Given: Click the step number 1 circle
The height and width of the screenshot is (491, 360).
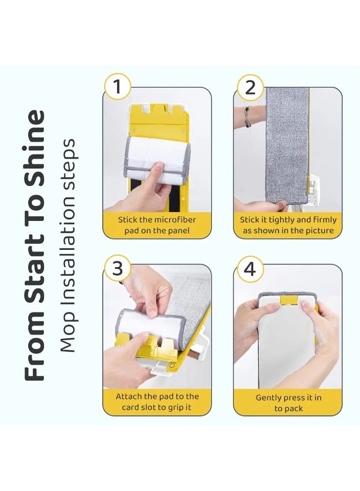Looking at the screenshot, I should [x=118, y=87].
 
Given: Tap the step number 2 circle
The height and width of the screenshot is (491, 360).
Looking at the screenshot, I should [x=250, y=87].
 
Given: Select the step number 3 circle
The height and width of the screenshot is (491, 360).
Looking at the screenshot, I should [x=118, y=270].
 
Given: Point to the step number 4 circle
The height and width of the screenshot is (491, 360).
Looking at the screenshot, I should [x=250, y=270].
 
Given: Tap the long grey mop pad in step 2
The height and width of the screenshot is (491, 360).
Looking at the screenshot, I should [x=287, y=147].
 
